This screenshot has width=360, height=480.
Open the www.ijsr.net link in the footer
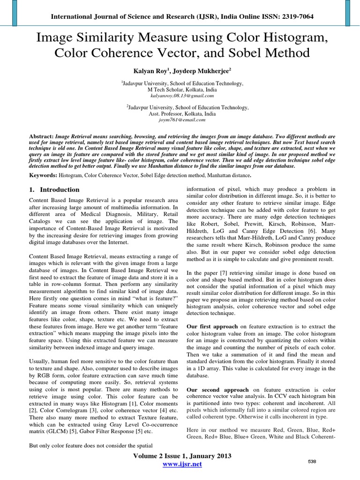pyautogui.click(x=182, y=464)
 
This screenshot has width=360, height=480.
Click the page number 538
pyautogui.click(x=312, y=462)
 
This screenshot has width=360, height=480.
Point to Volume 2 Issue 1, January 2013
pyautogui.click(x=182, y=456)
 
